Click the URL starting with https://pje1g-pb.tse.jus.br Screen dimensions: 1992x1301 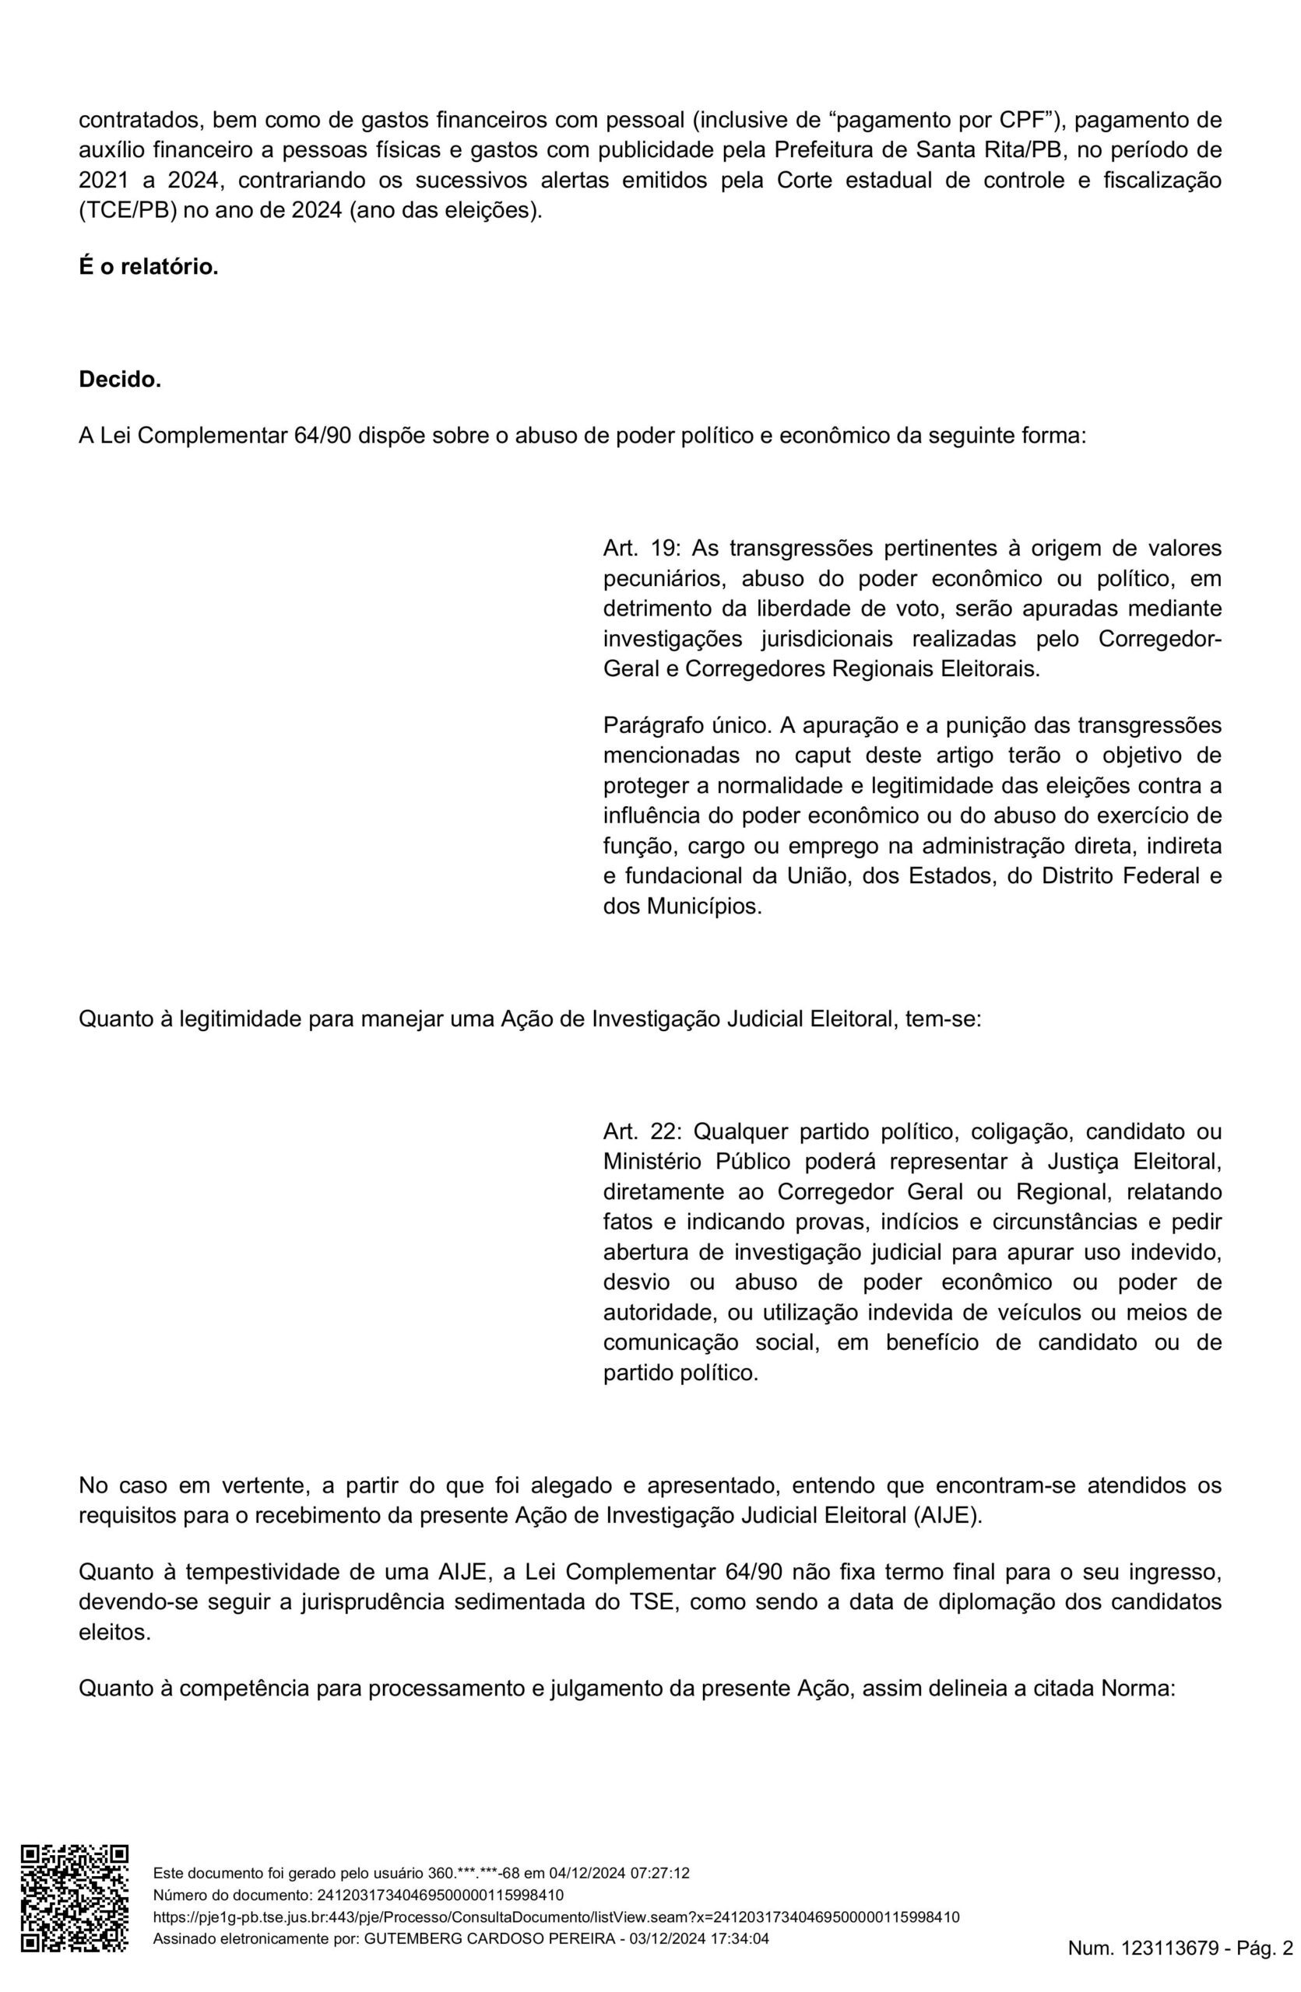click(x=556, y=1910)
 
